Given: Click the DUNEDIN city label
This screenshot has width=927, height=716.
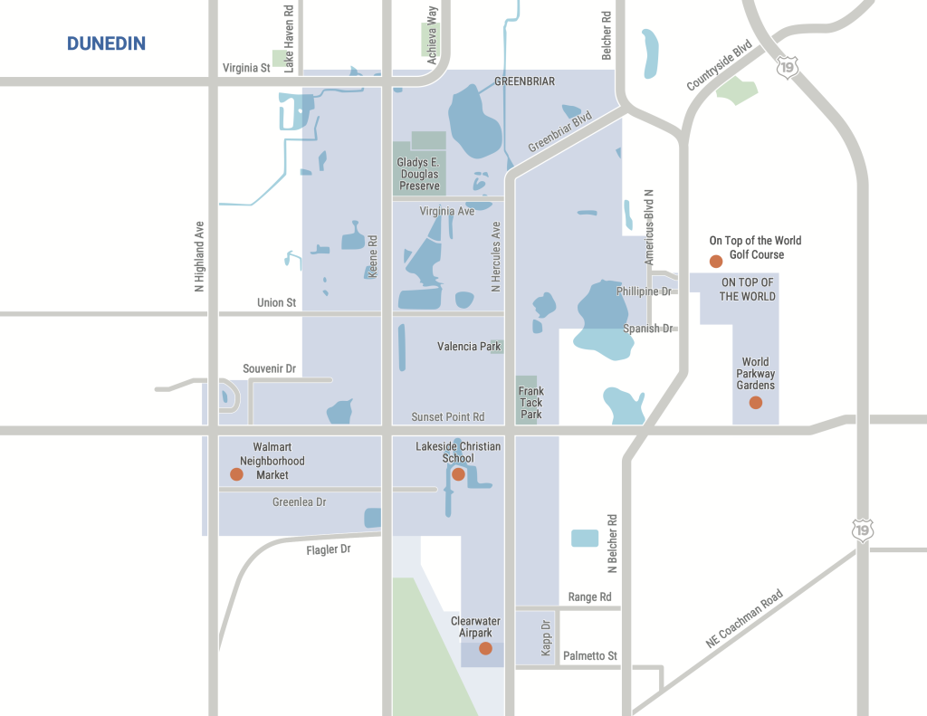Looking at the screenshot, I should click(106, 43).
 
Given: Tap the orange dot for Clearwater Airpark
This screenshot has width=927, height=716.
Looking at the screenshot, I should click(485, 648).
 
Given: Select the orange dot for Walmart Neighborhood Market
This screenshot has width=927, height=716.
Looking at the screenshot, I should click(236, 474).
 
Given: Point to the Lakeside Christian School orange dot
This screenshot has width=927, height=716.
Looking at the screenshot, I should click(458, 474).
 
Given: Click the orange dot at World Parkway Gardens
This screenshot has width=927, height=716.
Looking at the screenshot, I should click(756, 403).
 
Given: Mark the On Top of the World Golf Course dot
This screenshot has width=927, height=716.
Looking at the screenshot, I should click(715, 262).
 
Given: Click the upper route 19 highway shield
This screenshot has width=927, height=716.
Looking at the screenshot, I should click(787, 68).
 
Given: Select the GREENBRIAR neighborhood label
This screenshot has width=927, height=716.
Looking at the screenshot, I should click(524, 81).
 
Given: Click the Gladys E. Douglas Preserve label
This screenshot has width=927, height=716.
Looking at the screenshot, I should click(418, 174).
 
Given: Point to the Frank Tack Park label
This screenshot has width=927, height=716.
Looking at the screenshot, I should click(531, 403).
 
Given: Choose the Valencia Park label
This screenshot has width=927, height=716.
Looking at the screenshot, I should click(469, 346).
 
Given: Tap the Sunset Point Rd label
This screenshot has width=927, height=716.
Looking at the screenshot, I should click(448, 416).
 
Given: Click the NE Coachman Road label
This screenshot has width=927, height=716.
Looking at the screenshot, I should click(744, 619).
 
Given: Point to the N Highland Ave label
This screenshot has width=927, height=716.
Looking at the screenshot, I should click(199, 257).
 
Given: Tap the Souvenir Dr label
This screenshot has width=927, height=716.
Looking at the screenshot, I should click(270, 368).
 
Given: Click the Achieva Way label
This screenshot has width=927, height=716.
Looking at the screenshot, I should click(433, 26).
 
